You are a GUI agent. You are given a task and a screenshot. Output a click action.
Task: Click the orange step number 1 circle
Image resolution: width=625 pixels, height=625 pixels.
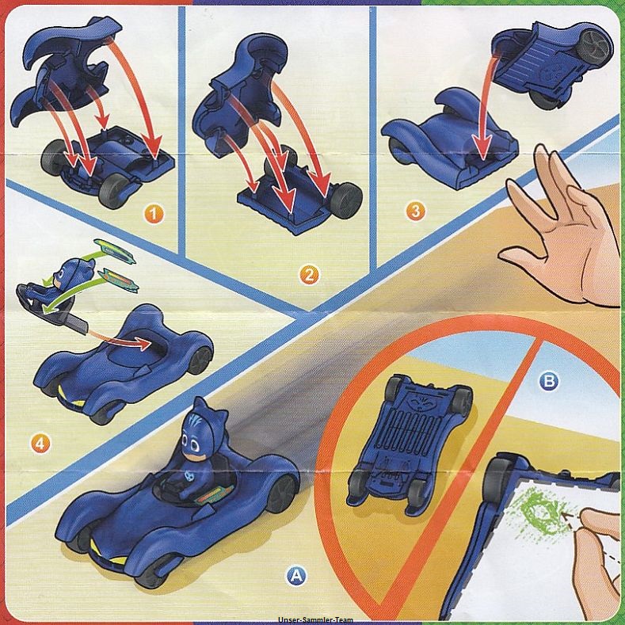154,215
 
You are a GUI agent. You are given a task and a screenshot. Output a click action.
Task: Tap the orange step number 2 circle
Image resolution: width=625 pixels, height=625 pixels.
309,275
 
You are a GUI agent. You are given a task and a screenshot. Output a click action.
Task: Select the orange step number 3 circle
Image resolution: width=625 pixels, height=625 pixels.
415,212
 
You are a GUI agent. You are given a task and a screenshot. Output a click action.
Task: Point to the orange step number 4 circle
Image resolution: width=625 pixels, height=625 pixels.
40,443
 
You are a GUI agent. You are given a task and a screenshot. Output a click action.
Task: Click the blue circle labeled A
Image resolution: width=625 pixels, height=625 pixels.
295,575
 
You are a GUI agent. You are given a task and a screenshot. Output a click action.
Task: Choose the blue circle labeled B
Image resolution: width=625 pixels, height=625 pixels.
549,382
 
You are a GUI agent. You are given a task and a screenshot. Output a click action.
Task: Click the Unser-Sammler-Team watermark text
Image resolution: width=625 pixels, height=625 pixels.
316,619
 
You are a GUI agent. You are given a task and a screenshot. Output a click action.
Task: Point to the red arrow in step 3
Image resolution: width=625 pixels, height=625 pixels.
487,108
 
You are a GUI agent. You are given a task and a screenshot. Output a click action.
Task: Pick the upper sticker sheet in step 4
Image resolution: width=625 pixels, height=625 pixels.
115,251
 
